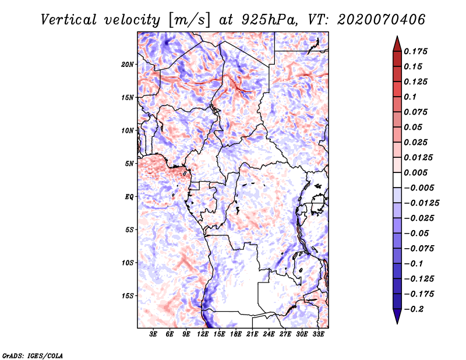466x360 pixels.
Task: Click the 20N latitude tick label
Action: point(128,64)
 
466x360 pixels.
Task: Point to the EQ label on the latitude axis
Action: point(129,197)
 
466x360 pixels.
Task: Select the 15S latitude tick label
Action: point(128,296)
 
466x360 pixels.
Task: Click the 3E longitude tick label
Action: point(153,334)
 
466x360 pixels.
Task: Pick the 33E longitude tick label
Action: point(319,334)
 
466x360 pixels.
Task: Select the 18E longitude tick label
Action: point(236,334)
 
